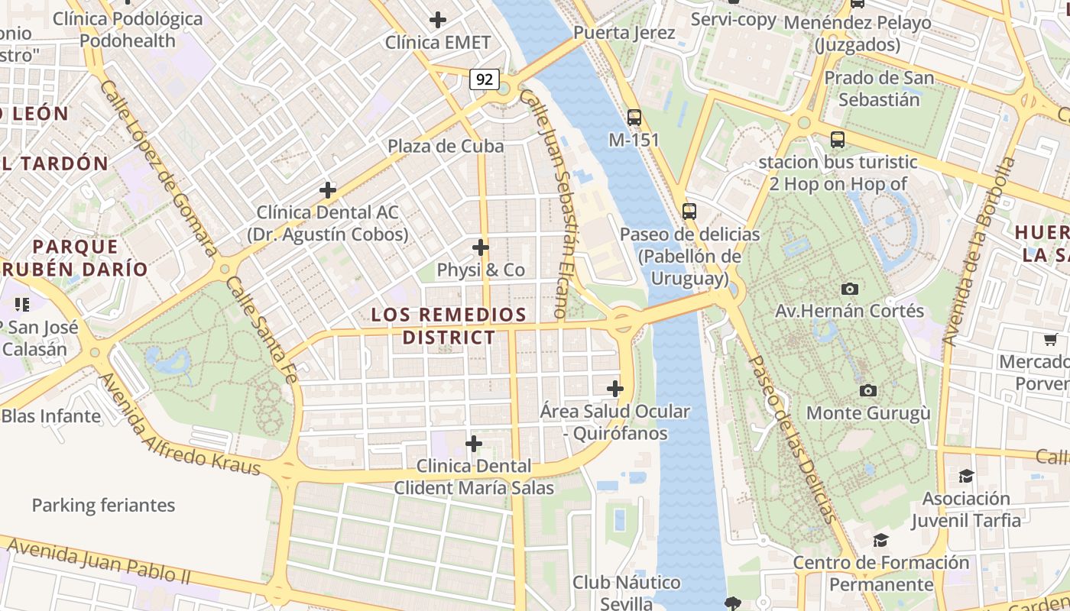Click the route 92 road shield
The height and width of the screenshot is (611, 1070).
(x=485, y=79)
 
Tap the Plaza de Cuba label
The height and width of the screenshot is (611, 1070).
(x=446, y=146)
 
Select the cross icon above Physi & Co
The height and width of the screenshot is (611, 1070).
(x=481, y=247)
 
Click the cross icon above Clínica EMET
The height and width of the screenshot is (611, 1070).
(x=438, y=20)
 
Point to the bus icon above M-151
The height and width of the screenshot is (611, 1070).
(x=634, y=118)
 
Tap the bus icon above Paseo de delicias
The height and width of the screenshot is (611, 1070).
(x=689, y=212)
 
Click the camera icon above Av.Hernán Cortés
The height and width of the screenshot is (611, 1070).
(x=849, y=289)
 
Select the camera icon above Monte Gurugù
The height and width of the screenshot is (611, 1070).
(x=868, y=391)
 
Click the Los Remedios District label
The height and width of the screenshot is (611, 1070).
(x=449, y=326)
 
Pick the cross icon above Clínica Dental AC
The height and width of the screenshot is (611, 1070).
(x=328, y=190)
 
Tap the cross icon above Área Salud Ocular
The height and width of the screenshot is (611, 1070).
(x=615, y=389)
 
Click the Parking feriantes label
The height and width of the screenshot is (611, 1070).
(x=103, y=505)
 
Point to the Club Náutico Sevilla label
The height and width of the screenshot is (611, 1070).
(x=627, y=593)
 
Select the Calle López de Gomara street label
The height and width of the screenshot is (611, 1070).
(x=158, y=168)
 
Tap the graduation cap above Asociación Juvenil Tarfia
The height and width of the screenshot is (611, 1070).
(x=966, y=476)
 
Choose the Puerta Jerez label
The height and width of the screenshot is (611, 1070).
(x=624, y=33)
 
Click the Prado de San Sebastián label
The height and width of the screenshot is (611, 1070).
(x=879, y=89)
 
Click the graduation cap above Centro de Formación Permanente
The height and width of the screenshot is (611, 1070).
(x=880, y=540)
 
